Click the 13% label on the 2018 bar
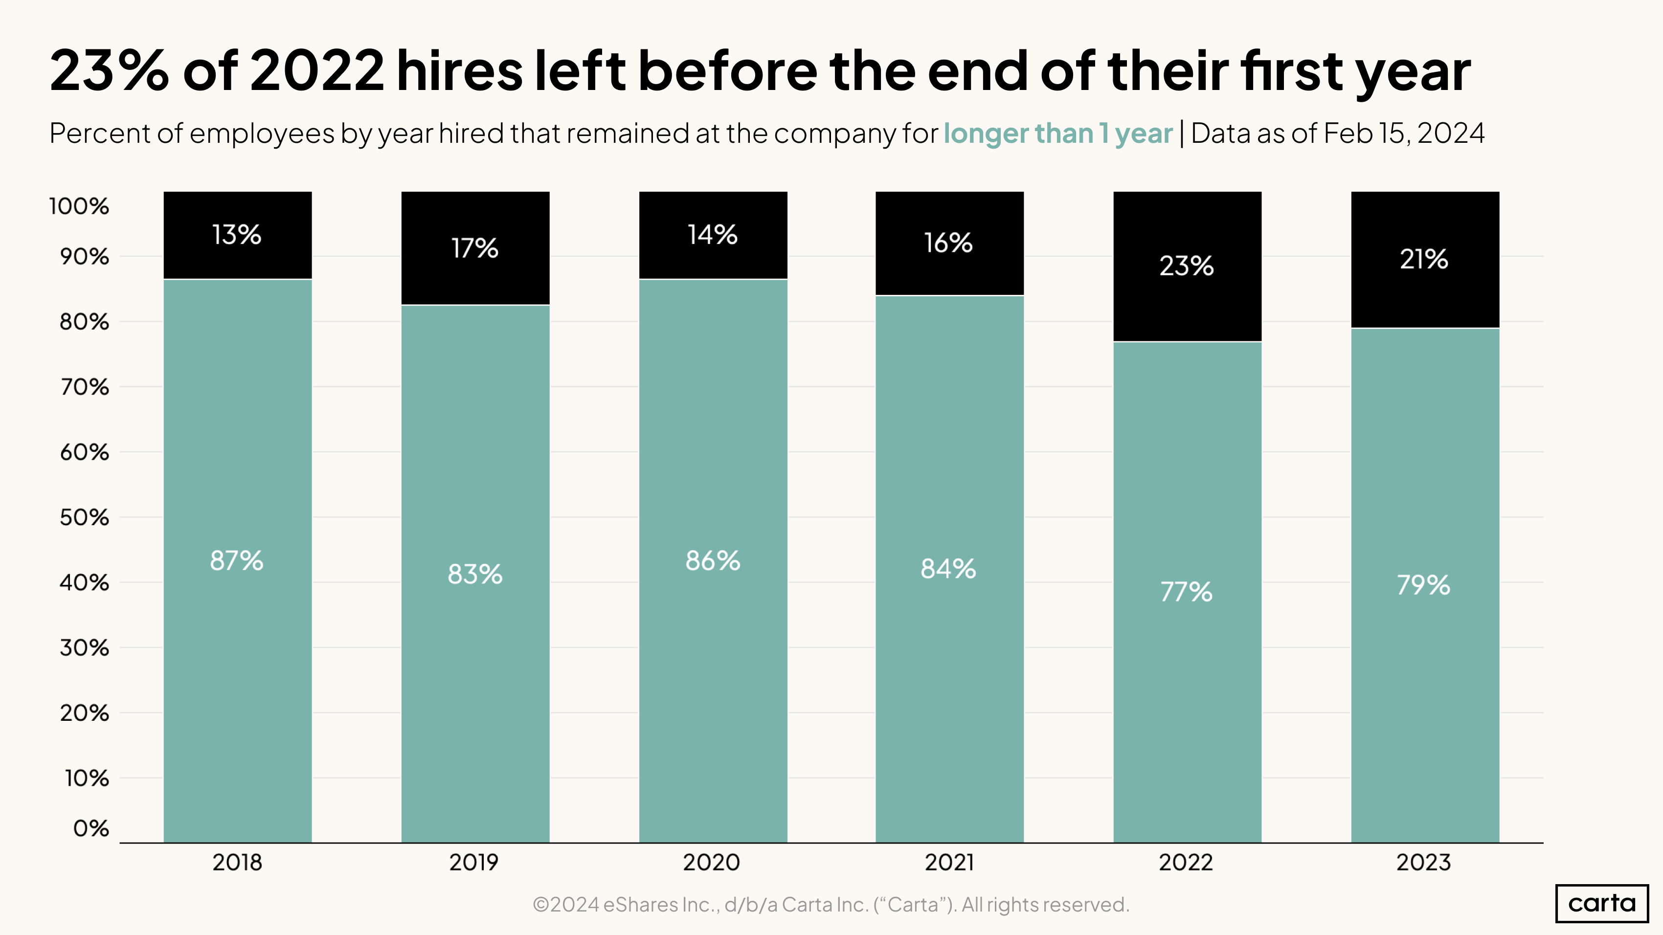click(237, 235)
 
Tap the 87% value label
click(237, 561)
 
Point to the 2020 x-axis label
click(712, 862)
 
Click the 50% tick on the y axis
click(85, 517)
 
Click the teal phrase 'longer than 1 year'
click(1057, 134)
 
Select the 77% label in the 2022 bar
click(1186, 592)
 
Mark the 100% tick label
click(79, 206)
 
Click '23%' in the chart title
click(110, 70)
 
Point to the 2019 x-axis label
click(474, 862)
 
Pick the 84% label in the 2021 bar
click(948, 569)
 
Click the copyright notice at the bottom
click(831, 905)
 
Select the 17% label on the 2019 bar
click(474, 248)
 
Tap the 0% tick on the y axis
click(91, 828)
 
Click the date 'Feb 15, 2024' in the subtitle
click(1403, 134)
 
